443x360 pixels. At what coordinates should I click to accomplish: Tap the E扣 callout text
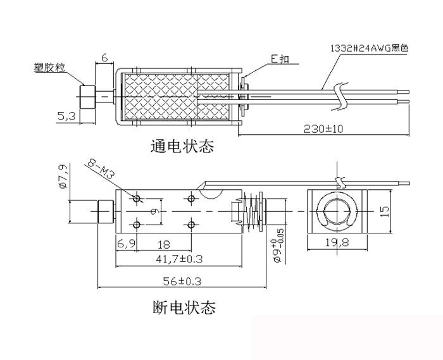point(280,59)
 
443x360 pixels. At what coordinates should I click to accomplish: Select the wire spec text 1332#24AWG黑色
point(370,48)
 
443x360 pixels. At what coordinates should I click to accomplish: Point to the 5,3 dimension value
point(65,116)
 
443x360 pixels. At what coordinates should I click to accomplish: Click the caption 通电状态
point(182,147)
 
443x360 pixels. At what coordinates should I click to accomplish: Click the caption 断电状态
point(184,308)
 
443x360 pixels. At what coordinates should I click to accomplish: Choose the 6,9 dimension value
point(125,244)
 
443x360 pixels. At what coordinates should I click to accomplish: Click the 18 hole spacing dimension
point(163,244)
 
